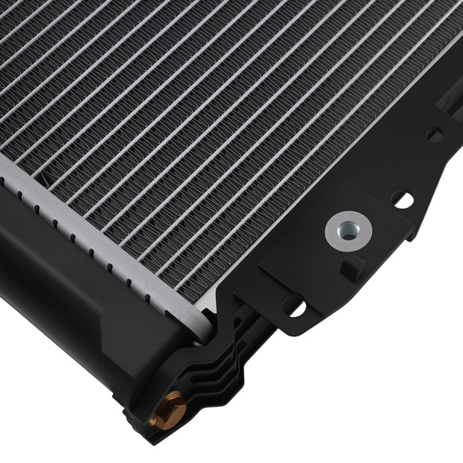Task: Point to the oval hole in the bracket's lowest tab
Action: (293, 306)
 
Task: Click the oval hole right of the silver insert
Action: (401, 199)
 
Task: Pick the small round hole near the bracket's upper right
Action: (434, 136)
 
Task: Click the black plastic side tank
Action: (69, 286)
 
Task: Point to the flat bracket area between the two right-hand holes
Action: (417, 166)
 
